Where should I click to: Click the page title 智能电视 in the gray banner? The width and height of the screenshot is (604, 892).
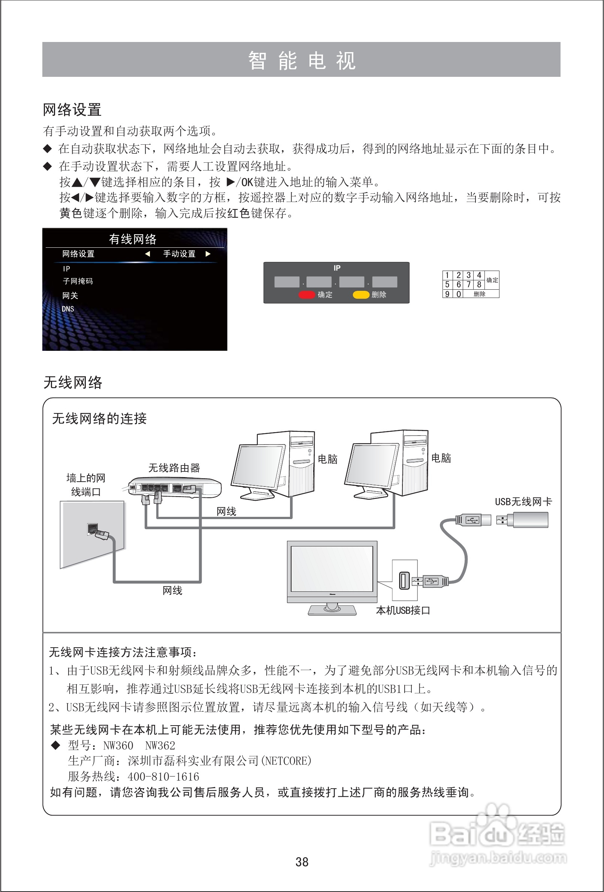302,60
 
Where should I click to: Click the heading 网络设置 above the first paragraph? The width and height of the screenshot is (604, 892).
72,110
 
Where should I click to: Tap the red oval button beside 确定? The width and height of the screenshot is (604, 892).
306,295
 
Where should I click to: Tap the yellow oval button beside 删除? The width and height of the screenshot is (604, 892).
361,295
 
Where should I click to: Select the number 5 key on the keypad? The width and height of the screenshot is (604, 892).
447,284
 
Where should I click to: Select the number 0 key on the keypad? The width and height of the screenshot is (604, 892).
458,294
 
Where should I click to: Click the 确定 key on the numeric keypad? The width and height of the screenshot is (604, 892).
492,280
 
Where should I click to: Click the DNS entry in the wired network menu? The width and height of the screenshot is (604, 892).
68,309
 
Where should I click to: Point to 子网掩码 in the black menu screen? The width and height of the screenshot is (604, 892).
78,281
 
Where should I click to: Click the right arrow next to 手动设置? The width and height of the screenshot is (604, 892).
208,254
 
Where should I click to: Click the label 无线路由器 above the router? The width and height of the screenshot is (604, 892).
174,468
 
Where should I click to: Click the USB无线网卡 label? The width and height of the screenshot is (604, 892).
523,501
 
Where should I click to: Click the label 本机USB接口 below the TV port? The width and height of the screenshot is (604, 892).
402,610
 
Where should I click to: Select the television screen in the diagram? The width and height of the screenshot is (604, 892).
332,569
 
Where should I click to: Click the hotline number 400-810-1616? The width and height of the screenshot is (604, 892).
163,777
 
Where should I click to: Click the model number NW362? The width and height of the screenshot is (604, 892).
160,745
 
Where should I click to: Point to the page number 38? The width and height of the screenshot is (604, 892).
302,862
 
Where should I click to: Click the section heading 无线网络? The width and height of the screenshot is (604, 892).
73,383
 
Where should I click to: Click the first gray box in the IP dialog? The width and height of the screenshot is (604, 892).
287,282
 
